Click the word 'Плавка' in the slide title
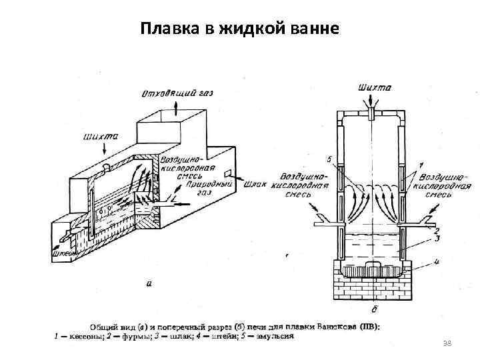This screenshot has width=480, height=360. [x=166, y=29]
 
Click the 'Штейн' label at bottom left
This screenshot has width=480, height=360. [x=63, y=252]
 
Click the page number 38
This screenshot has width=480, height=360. [x=447, y=343]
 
